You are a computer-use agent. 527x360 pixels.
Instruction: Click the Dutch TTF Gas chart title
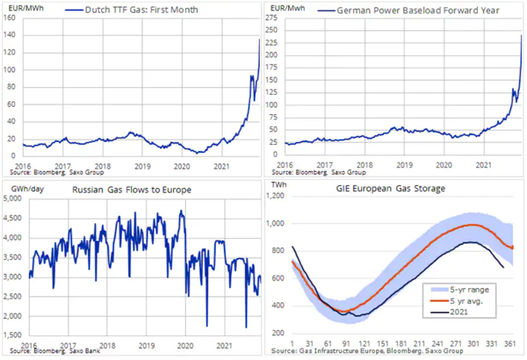point(141,10)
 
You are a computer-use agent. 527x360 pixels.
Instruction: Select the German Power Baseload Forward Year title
point(418,11)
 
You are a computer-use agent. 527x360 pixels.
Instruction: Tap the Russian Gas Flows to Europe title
point(132,190)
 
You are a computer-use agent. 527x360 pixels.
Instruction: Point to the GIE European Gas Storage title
point(391,189)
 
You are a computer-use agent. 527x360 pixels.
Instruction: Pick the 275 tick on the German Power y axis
point(271,18)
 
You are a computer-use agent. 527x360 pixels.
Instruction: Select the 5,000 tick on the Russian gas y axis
point(12,198)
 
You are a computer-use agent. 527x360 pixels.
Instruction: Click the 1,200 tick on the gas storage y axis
point(275,196)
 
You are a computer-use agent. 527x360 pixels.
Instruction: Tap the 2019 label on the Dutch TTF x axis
point(142,166)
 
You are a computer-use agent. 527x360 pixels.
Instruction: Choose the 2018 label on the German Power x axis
point(365,165)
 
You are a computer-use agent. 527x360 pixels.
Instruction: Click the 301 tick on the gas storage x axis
point(473,343)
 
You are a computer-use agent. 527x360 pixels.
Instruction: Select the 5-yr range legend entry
point(459,290)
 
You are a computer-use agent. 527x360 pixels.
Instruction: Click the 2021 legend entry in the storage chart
point(449,312)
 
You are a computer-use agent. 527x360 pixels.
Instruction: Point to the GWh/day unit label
point(27,190)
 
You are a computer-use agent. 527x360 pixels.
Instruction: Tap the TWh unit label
point(279,184)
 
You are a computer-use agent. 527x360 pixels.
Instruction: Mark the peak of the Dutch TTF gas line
point(259,40)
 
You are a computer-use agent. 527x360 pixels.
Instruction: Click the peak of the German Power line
point(521,35)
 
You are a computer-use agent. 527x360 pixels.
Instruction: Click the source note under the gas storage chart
point(367,351)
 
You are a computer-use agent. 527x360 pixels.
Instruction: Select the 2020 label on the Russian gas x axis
point(185,346)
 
